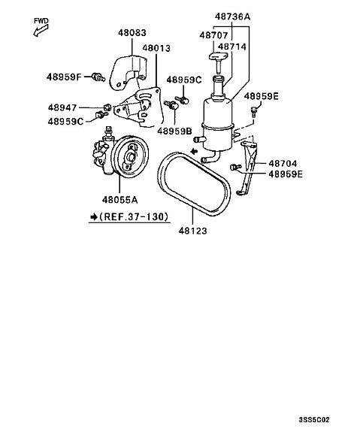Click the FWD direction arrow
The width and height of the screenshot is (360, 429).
[41, 30]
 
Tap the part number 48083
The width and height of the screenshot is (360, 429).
[132, 33]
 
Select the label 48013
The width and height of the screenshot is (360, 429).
[156, 48]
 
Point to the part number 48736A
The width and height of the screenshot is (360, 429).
[232, 17]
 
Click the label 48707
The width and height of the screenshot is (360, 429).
[213, 35]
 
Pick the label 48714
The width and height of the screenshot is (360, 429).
[232, 47]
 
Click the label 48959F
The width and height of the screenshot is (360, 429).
[64, 77]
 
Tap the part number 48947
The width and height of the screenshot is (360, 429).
[62, 107]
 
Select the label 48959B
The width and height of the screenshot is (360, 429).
[174, 131]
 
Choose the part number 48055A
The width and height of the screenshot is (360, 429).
[120, 200]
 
